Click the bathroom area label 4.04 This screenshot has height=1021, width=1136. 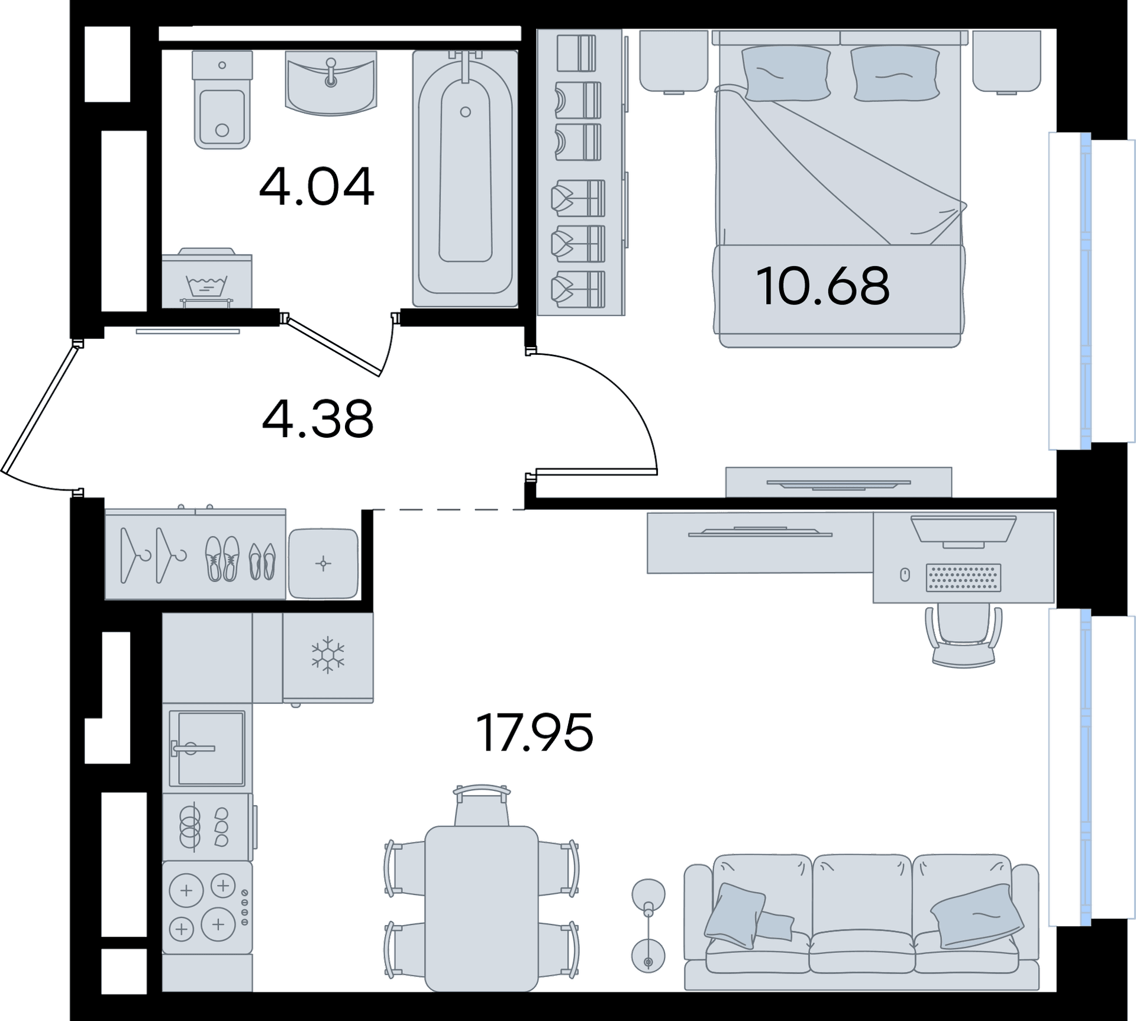point(317,186)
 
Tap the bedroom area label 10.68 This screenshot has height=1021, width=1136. point(822,286)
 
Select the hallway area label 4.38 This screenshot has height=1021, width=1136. point(318,419)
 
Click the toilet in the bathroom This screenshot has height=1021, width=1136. point(222,99)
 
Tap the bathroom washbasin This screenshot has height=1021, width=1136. point(331,82)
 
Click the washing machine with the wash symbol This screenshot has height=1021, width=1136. point(207,279)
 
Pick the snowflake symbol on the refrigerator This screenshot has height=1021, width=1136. point(328,655)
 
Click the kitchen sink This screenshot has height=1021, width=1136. point(207,749)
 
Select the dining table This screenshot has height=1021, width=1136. point(482,908)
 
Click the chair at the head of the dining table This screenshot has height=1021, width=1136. point(482,805)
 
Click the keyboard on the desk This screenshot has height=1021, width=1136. point(963,577)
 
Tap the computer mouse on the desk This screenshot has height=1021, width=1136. point(905,574)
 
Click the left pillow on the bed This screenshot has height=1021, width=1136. point(786,73)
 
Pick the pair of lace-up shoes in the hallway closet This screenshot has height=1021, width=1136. point(222,558)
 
